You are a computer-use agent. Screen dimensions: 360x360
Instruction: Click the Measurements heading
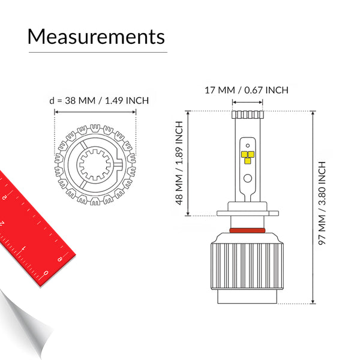(x=96, y=36)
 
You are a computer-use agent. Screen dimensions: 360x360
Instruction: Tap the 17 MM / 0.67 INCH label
(x=247, y=90)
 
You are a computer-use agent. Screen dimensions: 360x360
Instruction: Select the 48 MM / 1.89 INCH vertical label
(x=179, y=163)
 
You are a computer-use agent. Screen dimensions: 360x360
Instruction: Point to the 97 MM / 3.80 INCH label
(x=322, y=203)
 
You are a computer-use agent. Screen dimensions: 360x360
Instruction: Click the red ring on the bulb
(x=247, y=230)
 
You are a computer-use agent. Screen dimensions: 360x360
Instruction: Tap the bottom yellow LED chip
(x=247, y=161)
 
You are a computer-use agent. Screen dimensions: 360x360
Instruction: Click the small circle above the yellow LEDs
(x=247, y=146)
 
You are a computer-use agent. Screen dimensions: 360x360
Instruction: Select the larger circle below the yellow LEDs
(x=247, y=178)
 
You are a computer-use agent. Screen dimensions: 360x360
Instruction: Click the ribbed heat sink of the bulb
(x=247, y=266)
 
